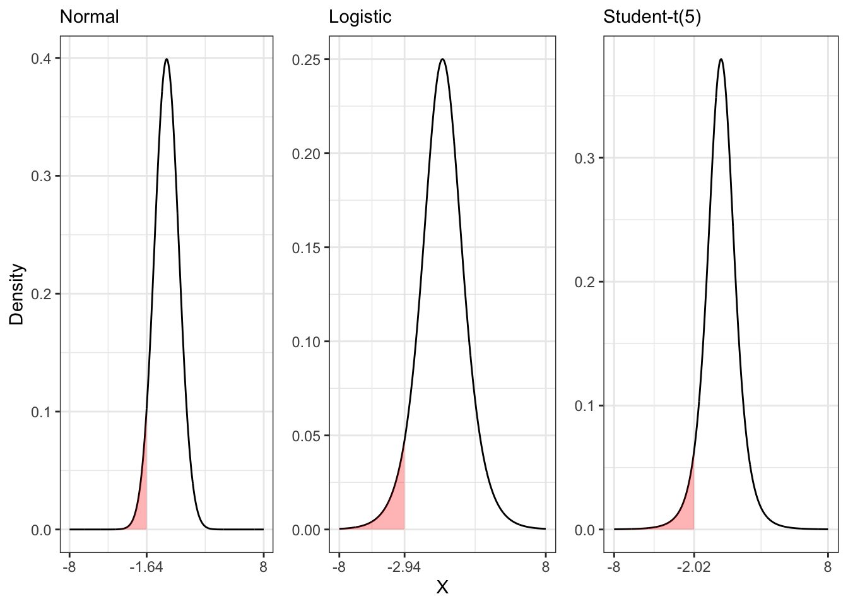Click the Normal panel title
pos(89,17)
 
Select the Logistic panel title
pos(360,17)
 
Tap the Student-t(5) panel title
pos(652,17)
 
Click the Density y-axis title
pos(17,294)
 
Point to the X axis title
pos(442,588)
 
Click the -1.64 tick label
pos(146,567)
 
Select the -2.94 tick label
pos(404,567)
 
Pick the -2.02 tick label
pos(693,567)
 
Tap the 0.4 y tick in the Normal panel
pos(42,58)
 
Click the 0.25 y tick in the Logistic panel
pos(306,59)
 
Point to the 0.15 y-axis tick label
pos(306,247)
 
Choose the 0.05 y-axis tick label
pos(306,436)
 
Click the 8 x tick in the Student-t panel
pos(828,567)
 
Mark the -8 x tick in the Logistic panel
pos(339,567)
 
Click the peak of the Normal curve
pos(167,59)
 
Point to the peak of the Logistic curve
pos(442,59)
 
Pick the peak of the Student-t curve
pos(721,59)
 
